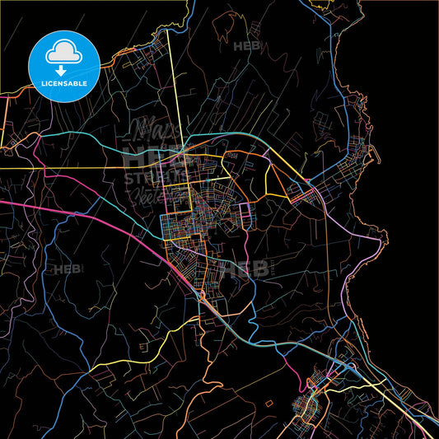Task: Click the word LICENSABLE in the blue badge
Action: [64, 82]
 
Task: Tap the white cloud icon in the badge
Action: [64, 53]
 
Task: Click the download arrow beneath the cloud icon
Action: [64, 69]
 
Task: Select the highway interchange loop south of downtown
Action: [202, 294]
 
